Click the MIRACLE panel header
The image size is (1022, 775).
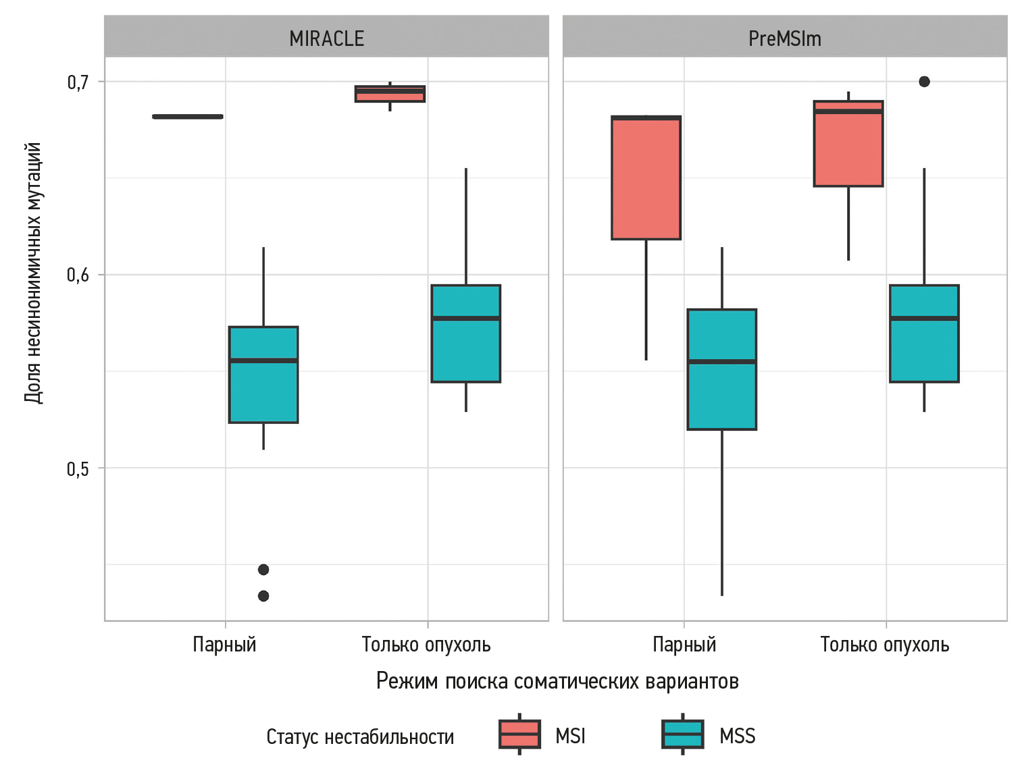pyautogui.click(x=326, y=38)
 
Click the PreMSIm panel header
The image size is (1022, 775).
pyautogui.click(x=784, y=38)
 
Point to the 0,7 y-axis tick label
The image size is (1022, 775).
pyautogui.click(x=78, y=82)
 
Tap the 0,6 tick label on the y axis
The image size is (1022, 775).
pyautogui.click(x=78, y=275)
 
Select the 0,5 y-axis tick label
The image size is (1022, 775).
pyautogui.click(x=78, y=469)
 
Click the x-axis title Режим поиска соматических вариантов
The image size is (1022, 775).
pyautogui.click(x=557, y=680)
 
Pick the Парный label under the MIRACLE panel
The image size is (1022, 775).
pyautogui.click(x=224, y=644)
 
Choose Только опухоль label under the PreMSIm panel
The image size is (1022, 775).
pyautogui.click(x=884, y=644)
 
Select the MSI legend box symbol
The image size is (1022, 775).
pyautogui.click(x=519, y=734)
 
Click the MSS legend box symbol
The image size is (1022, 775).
pyautogui.click(x=683, y=734)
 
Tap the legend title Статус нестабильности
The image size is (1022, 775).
pyautogui.click(x=360, y=737)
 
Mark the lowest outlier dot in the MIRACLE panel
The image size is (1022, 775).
pyautogui.click(x=263, y=595)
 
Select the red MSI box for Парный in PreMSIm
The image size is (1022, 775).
pyautogui.click(x=646, y=178)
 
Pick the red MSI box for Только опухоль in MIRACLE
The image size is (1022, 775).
pyautogui.click(x=390, y=94)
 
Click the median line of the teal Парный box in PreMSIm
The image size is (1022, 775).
pyautogui.click(x=721, y=362)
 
